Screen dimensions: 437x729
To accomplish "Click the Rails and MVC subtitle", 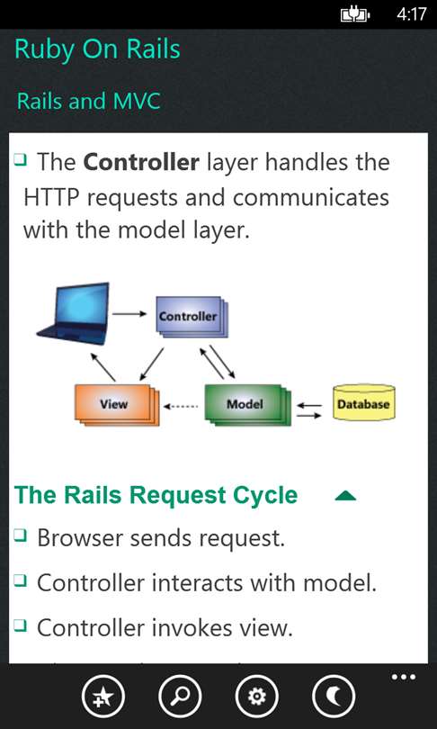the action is click(x=89, y=102).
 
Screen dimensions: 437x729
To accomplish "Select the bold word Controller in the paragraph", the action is click(x=142, y=162).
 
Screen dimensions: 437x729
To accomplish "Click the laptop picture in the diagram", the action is click(x=74, y=314).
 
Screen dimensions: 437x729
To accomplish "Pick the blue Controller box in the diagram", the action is click(x=191, y=317).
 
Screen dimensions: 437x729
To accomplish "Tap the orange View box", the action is click(x=117, y=404).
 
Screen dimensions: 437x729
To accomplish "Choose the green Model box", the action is click(x=247, y=404).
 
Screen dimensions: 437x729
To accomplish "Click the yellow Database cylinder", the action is click(x=363, y=402).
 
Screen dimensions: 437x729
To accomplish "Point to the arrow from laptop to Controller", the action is click(x=129, y=314).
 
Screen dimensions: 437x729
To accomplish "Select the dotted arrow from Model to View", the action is click(x=181, y=406).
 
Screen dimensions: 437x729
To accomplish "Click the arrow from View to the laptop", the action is click(x=103, y=367).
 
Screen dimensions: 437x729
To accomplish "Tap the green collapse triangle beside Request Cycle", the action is click(x=345, y=497).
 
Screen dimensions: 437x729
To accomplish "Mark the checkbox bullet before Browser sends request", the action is click(x=20, y=535).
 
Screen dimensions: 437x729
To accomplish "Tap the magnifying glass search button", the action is click(x=180, y=697).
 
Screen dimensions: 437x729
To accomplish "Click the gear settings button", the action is click(x=257, y=697).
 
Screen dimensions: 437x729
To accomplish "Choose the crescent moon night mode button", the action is click(x=334, y=697).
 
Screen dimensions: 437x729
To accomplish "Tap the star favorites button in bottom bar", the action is click(x=103, y=697).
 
